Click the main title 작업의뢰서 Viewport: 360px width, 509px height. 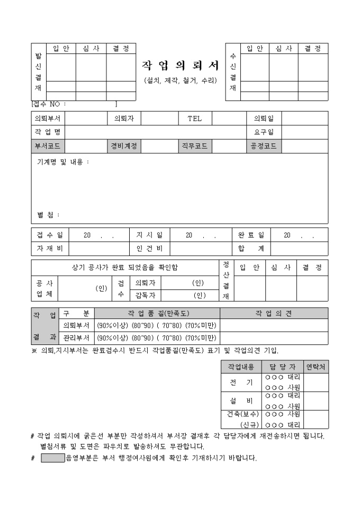[x=180, y=65]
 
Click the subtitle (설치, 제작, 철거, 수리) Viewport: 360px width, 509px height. [x=180, y=80]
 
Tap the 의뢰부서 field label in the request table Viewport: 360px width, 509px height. [x=48, y=118]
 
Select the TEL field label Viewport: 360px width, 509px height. [x=194, y=118]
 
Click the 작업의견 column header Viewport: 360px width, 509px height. [x=273, y=313]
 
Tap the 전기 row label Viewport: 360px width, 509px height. [x=241, y=383]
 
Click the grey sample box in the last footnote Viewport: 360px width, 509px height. [x=52, y=458]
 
